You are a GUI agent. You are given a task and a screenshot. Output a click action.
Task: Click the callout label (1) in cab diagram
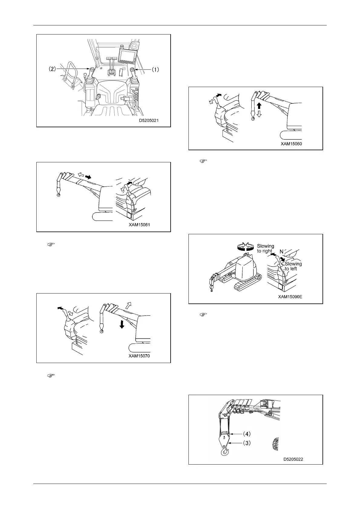tap(155, 70)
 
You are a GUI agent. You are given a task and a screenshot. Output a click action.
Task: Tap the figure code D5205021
tap(149, 120)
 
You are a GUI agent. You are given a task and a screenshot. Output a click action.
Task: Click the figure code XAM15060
tap(291, 144)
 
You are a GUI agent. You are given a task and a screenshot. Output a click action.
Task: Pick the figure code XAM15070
tap(139, 356)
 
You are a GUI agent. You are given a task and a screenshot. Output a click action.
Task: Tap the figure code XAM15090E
tap(290, 297)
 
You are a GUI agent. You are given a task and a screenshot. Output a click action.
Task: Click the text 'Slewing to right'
tap(265, 248)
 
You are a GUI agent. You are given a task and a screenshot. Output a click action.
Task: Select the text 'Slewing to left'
tap(293, 266)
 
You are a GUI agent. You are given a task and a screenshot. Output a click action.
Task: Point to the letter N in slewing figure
tap(281, 251)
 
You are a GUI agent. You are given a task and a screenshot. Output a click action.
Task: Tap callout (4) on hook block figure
tap(247, 434)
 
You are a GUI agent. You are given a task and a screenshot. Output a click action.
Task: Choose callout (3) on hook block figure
tap(247, 443)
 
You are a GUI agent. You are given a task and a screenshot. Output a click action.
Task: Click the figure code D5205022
tap(293, 459)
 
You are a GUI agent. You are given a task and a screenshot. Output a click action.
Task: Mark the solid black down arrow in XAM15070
tap(121, 324)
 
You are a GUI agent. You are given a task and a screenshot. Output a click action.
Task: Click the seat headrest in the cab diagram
tap(112, 90)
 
